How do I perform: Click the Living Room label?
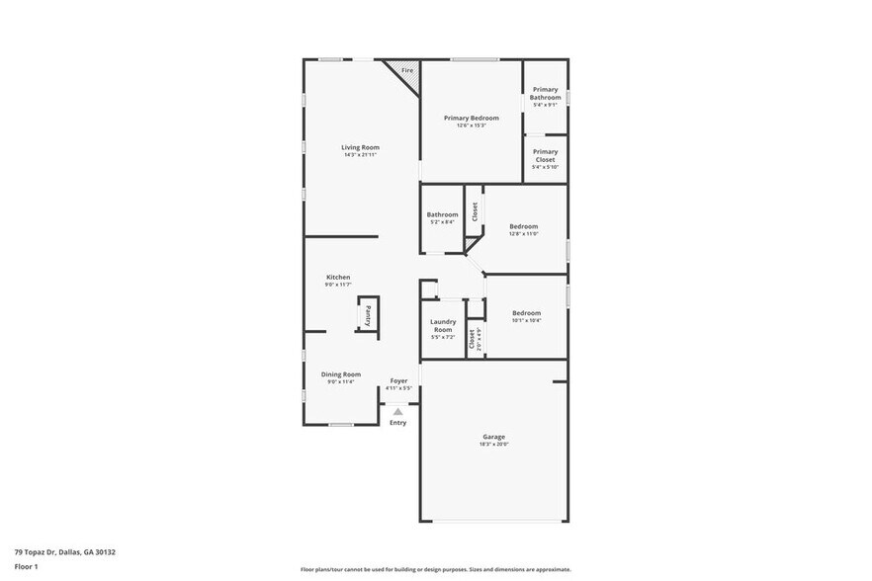point(361,147)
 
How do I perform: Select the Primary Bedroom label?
point(471,118)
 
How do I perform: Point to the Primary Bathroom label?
point(545,94)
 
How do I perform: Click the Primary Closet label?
point(545,155)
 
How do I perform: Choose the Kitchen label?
point(338,277)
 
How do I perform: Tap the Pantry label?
point(368,316)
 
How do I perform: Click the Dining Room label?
point(340,374)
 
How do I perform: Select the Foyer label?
point(398,380)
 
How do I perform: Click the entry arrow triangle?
point(397,411)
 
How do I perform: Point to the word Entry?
point(397,423)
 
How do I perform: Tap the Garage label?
point(493,437)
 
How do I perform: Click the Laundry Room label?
point(442,325)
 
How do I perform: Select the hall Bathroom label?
point(442,214)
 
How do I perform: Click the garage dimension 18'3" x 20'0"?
point(493,445)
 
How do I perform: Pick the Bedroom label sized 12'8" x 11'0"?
point(523,226)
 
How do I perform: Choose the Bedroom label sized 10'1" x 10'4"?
point(526,313)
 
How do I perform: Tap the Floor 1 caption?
point(26,566)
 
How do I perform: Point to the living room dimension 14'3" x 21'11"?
point(361,155)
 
